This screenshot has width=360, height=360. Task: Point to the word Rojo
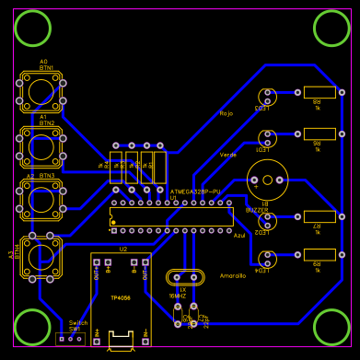click(226, 113)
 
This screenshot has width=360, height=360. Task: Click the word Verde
click(228, 154)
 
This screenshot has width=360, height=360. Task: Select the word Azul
click(239, 236)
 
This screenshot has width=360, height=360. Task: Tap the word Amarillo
click(233, 275)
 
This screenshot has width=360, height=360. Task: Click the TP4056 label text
click(121, 297)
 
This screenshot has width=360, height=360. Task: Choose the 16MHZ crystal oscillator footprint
click(184, 276)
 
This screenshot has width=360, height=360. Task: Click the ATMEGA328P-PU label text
click(195, 191)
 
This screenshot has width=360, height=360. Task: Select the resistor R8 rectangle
click(319, 92)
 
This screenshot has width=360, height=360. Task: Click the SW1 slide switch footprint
click(70, 339)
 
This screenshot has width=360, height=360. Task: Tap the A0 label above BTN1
click(43, 62)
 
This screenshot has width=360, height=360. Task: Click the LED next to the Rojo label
click(268, 96)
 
